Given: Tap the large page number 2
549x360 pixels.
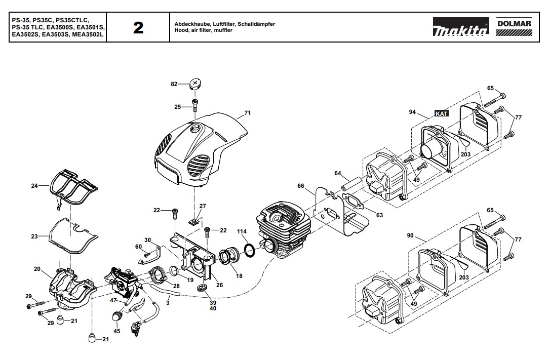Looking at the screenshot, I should point(138,28).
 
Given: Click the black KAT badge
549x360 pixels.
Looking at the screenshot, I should point(442,114).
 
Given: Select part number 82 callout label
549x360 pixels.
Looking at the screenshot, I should point(174,84).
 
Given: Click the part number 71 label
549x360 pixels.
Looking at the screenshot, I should point(247,112).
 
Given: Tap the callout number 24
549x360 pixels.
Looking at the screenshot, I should point(34,186).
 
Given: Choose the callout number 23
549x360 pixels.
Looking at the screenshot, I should point(34,236).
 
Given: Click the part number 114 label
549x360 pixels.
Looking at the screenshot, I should point(242,231).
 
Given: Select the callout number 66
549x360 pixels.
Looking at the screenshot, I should point(301,186).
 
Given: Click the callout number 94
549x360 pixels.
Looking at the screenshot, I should point(412,111).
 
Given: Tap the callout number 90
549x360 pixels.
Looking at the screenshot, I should point(410,236).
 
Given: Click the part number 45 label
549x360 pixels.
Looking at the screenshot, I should point(117,331).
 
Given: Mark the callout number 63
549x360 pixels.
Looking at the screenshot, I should point(379,215).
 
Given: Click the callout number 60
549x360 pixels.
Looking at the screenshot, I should point(138,246).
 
